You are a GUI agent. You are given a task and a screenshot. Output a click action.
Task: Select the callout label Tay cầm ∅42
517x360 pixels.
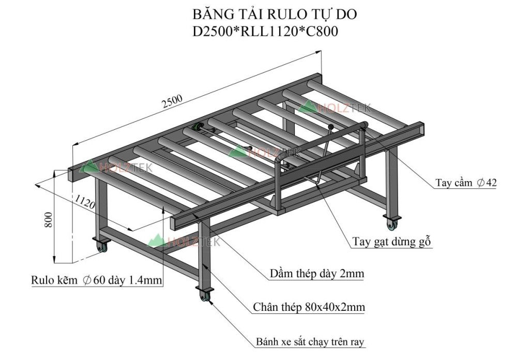tap(466, 183)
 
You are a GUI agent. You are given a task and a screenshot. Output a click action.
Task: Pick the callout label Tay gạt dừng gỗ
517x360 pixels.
tap(391, 242)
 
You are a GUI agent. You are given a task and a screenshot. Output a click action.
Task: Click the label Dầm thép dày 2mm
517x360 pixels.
tap(317, 273)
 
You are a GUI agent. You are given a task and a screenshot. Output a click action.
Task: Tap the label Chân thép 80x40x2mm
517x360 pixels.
tap(309, 307)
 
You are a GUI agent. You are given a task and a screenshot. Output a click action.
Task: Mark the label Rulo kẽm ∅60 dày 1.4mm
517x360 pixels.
tap(96, 280)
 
